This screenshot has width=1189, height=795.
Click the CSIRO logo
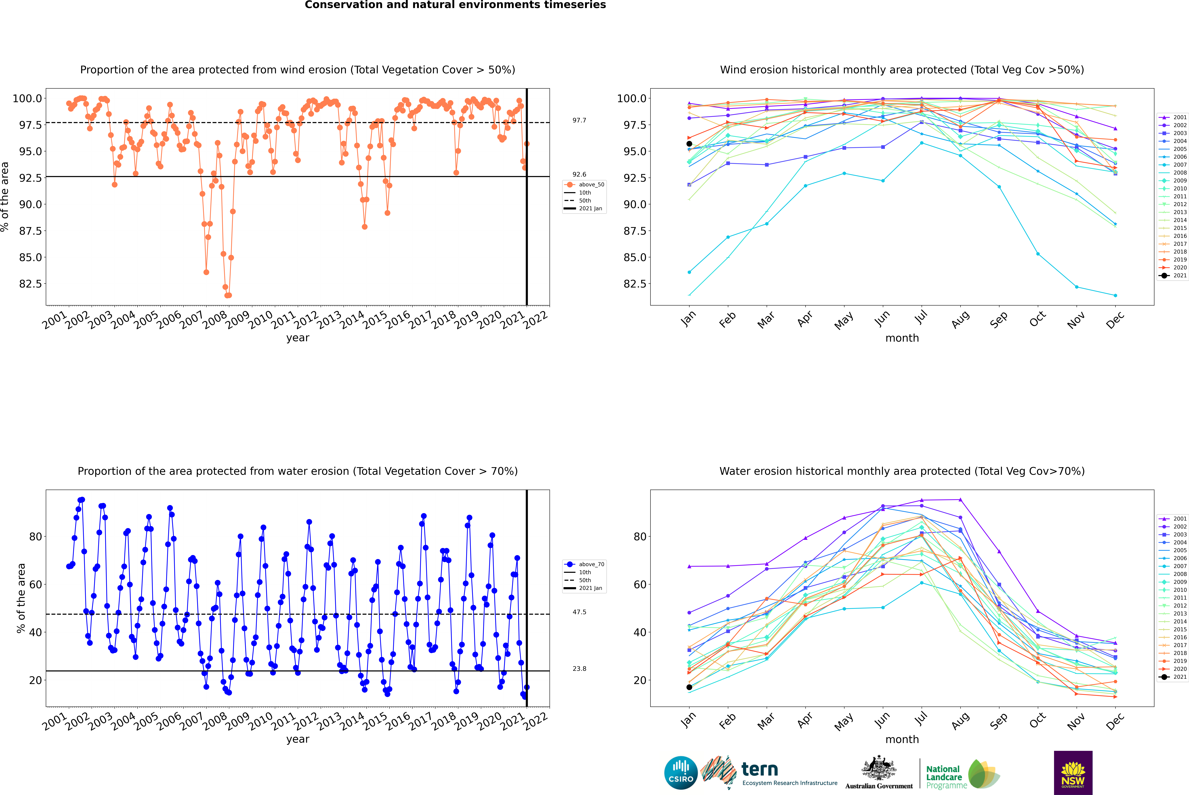pyautogui.click(x=681, y=773)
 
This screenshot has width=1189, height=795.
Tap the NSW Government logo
pyautogui.click(x=1073, y=773)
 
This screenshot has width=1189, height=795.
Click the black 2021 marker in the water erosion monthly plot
pyautogui.click(x=689, y=687)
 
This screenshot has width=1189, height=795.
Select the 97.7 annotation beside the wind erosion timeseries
pyautogui.click(x=579, y=120)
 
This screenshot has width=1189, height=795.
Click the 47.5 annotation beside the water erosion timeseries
pyautogui.click(x=579, y=612)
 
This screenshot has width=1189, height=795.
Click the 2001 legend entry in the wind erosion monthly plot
pyautogui.click(x=1173, y=117)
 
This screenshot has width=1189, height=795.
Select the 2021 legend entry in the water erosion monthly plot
pyautogui.click(x=1173, y=677)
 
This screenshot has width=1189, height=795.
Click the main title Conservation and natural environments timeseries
pyautogui.click(x=455, y=5)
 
